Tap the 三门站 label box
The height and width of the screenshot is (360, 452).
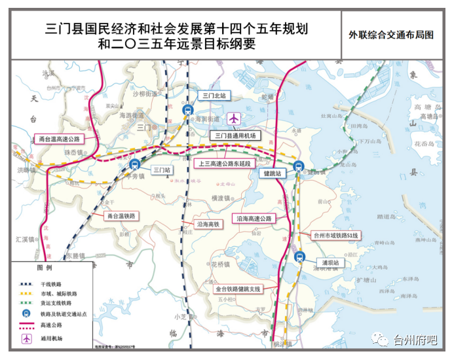point(160,169)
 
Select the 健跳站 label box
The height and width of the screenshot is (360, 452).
point(270,173)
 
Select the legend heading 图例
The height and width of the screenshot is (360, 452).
point(44,269)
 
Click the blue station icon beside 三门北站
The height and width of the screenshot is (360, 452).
point(189,110)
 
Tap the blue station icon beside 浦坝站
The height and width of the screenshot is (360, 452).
point(299,257)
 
